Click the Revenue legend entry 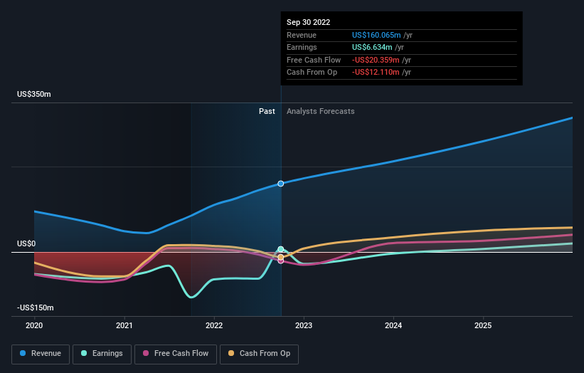pyautogui.click(x=41, y=353)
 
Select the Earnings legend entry pyautogui.click(x=102, y=353)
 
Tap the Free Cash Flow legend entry pyautogui.click(x=176, y=353)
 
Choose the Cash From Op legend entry pyautogui.click(x=260, y=353)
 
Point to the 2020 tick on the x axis pyautogui.click(x=34, y=325)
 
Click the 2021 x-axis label pyautogui.click(x=124, y=325)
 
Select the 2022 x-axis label pyautogui.click(x=214, y=325)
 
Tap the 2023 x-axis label pyautogui.click(x=304, y=325)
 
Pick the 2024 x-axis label pyautogui.click(x=393, y=325)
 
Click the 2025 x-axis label pyautogui.click(x=483, y=325)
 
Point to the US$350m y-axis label pyautogui.click(x=34, y=95)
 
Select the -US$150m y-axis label pyautogui.click(x=36, y=308)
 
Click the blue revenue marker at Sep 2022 pyautogui.click(x=281, y=184)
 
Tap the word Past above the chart pyautogui.click(x=267, y=112)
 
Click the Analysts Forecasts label pyautogui.click(x=320, y=112)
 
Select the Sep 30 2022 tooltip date pyautogui.click(x=309, y=22)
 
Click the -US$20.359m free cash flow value pyautogui.click(x=377, y=60)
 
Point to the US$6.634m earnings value pyautogui.click(x=373, y=48)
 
